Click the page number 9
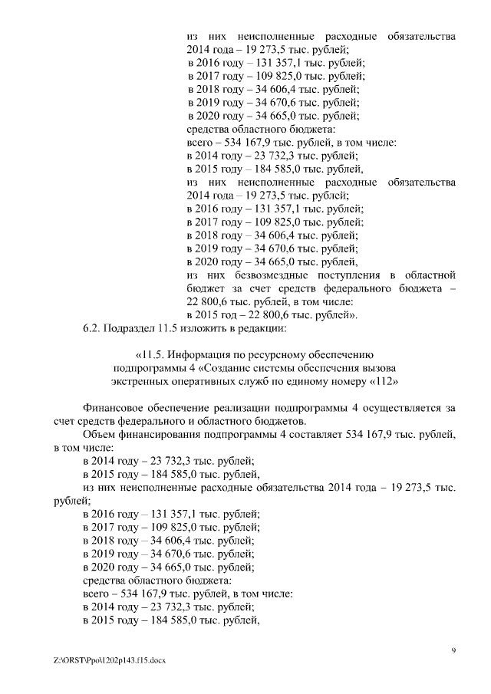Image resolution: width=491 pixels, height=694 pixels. pyautogui.click(x=453, y=650)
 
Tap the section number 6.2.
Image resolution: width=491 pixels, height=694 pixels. pyautogui.click(x=92, y=329)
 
